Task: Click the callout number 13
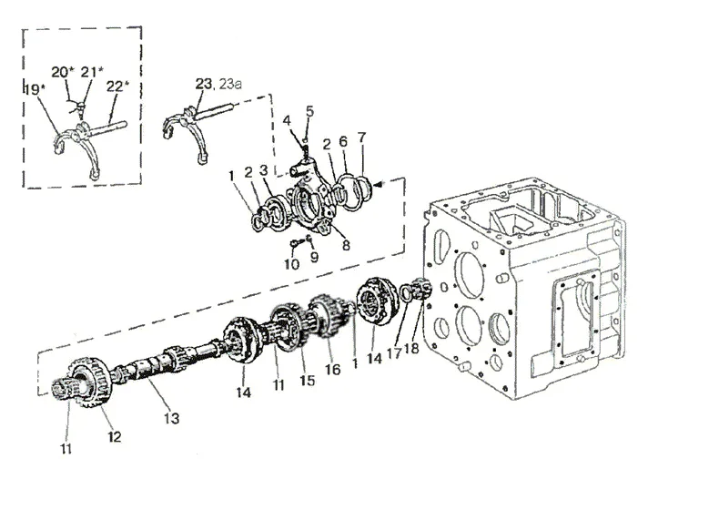click(x=171, y=418)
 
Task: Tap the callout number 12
click(x=115, y=436)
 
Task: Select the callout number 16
click(x=332, y=369)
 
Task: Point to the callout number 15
click(x=307, y=380)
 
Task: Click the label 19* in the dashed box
click(x=35, y=89)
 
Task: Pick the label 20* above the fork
click(x=63, y=72)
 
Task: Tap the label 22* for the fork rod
click(x=117, y=86)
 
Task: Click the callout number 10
click(x=291, y=264)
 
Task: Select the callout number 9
click(x=314, y=257)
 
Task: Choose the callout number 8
click(x=346, y=245)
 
